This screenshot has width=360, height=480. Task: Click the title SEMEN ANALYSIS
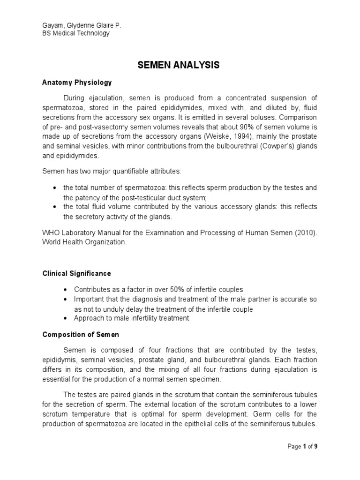click(179, 66)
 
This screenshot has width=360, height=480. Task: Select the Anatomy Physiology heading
click(77, 82)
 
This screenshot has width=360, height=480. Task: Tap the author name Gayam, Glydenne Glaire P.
click(82, 25)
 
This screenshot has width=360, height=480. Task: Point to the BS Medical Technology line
click(76, 33)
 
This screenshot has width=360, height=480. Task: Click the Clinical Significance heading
click(77, 273)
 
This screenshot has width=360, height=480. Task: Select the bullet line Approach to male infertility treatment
click(132, 318)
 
